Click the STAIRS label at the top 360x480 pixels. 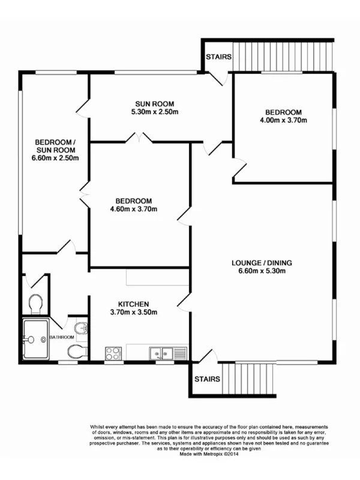(x=217, y=57)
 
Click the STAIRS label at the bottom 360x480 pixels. (x=207, y=379)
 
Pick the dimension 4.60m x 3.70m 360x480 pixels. (x=134, y=209)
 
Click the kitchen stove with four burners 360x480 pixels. (x=113, y=353)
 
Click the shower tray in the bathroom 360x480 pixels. (x=35, y=340)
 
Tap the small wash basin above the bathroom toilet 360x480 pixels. (x=82, y=328)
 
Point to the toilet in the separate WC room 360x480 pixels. (x=35, y=302)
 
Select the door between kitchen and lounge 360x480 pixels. (x=185, y=304)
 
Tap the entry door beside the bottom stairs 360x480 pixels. (x=206, y=359)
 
